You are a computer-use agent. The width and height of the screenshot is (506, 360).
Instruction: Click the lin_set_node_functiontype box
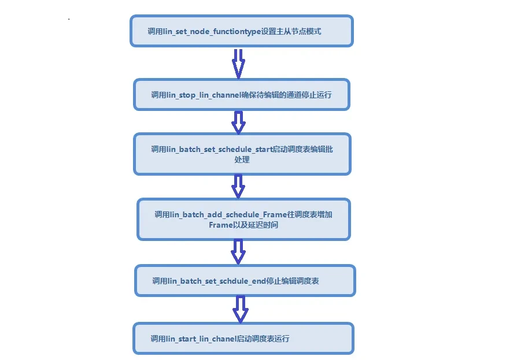241,31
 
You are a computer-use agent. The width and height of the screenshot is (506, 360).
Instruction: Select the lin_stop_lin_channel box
241,94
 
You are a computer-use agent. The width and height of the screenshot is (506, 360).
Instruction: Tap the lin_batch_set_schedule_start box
242,154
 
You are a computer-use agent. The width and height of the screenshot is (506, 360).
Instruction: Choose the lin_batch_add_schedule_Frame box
243,219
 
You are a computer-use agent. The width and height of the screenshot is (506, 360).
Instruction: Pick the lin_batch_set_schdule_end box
245,281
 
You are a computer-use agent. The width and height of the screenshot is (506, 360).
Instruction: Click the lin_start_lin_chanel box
243,339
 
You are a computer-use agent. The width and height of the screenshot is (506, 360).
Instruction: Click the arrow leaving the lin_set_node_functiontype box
238,62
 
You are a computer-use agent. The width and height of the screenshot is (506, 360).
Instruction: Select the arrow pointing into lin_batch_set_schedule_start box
238,122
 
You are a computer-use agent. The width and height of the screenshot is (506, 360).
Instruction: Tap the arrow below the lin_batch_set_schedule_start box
238,186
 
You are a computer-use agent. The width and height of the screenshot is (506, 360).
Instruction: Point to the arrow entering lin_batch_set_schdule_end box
238,252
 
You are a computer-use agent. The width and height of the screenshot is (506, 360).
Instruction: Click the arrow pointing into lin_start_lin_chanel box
240,310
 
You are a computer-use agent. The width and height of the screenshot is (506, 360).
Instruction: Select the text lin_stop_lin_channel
204,95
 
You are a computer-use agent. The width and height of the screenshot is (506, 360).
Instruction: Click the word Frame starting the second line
220,225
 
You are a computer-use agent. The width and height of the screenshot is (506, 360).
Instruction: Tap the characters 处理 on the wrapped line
242,159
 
